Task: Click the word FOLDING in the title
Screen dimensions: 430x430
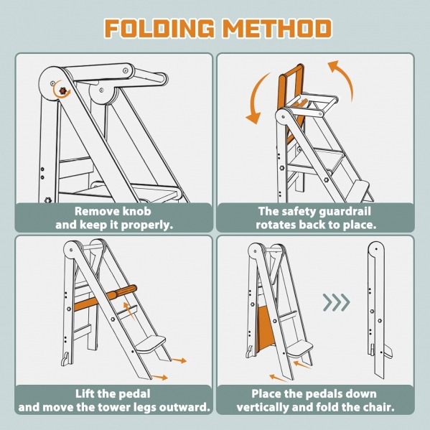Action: click(x=159, y=28)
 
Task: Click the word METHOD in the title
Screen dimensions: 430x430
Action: click(x=277, y=28)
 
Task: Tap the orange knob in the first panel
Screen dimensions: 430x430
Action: click(x=63, y=90)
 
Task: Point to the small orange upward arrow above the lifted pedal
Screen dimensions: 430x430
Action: click(x=129, y=311)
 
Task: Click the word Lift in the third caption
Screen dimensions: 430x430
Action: click(x=85, y=394)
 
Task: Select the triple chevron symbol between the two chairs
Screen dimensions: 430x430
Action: click(x=337, y=302)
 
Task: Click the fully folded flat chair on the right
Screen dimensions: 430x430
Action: click(x=378, y=310)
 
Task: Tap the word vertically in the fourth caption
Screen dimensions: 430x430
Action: click(x=263, y=408)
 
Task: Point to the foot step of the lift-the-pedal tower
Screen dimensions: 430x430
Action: click(x=150, y=344)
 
